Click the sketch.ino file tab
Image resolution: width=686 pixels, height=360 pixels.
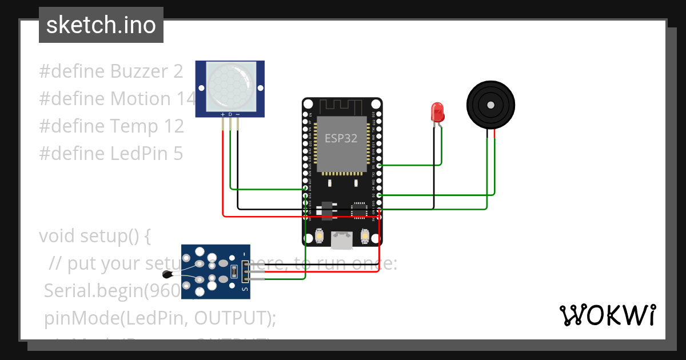(101, 25)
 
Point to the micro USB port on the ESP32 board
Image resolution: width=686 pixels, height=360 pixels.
(342, 240)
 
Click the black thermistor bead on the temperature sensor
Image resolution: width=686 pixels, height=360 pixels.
(167, 274)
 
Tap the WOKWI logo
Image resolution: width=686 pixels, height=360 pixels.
(607, 315)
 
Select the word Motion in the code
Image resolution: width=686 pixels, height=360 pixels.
(141, 99)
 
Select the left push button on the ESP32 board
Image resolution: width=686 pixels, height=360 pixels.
(320, 235)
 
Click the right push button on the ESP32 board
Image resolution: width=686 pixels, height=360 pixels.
(365, 235)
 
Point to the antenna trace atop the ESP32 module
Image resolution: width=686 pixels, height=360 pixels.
(341, 106)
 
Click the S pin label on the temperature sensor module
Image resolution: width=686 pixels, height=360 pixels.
(245, 289)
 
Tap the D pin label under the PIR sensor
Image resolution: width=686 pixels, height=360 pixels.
(230, 115)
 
